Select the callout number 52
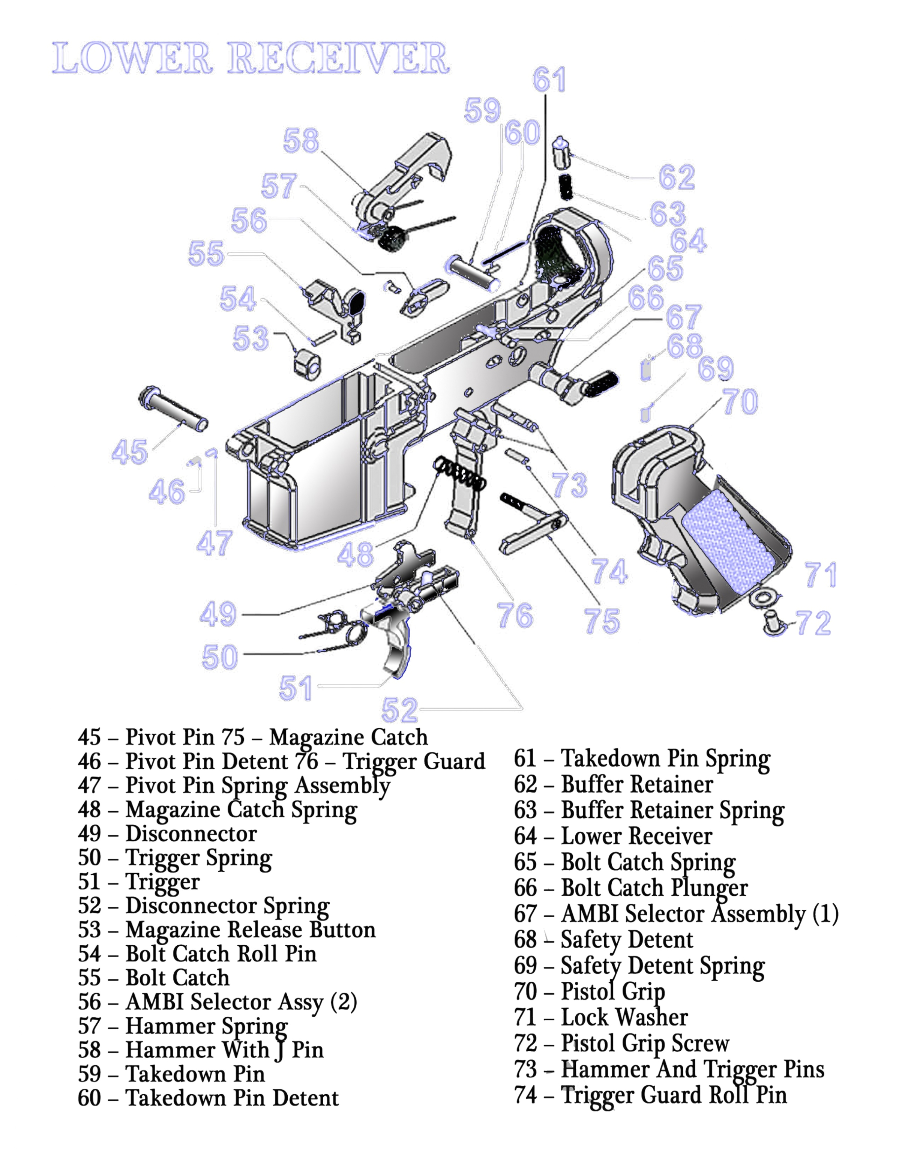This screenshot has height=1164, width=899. [x=400, y=710]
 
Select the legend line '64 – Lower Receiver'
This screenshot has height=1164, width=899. [x=613, y=836]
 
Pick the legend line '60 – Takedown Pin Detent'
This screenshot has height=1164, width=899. [x=208, y=1098]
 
